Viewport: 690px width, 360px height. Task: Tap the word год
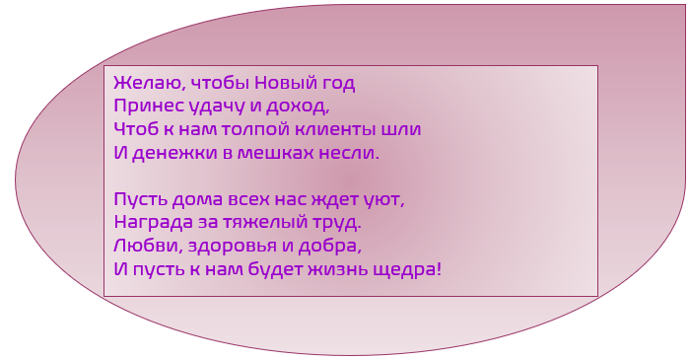coord(337,84)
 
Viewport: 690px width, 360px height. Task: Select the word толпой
coord(257,130)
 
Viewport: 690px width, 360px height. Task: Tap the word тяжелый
coord(265,223)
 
